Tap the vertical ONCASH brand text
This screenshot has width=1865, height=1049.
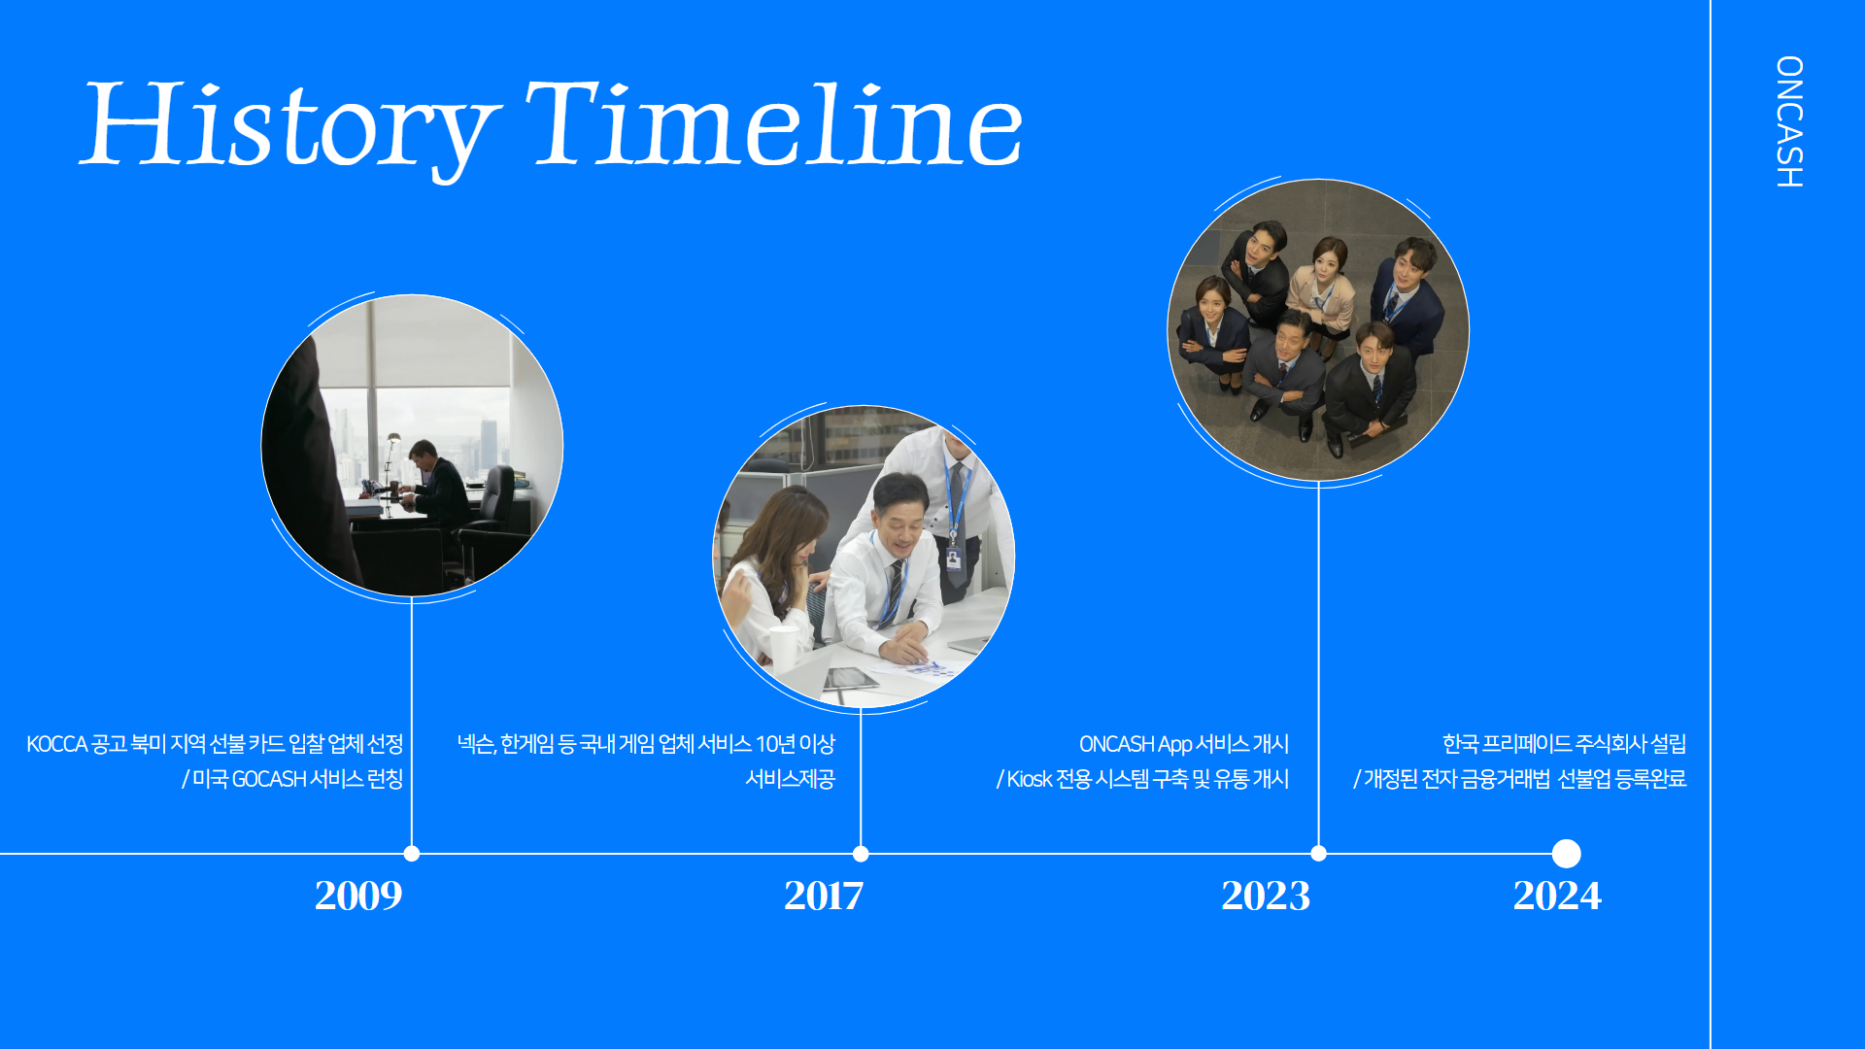pyautogui.click(x=1789, y=121)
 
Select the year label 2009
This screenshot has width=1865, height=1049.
pyautogui.click(x=358, y=896)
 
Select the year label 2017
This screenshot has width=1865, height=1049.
pyautogui.click(x=824, y=896)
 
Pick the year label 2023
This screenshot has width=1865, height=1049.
pyautogui.click(x=1266, y=896)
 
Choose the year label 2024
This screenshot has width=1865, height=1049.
pyautogui.click(x=1557, y=896)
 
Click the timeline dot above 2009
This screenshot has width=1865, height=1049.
pyautogui.click(x=412, y=854)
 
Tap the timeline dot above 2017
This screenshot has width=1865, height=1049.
pyautogui.click(x=861, y=854)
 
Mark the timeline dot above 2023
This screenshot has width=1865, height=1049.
pyautogui.click(x=1318, y=854)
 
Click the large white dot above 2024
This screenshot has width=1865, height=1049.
pyautogui.click(x=1566, y=854)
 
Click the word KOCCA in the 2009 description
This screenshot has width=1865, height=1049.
pyautogui.click(x=57, y=744)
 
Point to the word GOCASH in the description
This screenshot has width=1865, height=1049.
pyautogui.click(x=269, y=779)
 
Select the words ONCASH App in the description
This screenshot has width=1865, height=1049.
pyautogui.click(x=1136, y=745)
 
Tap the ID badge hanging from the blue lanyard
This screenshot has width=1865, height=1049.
pyautogui.click(x=954, y=560)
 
